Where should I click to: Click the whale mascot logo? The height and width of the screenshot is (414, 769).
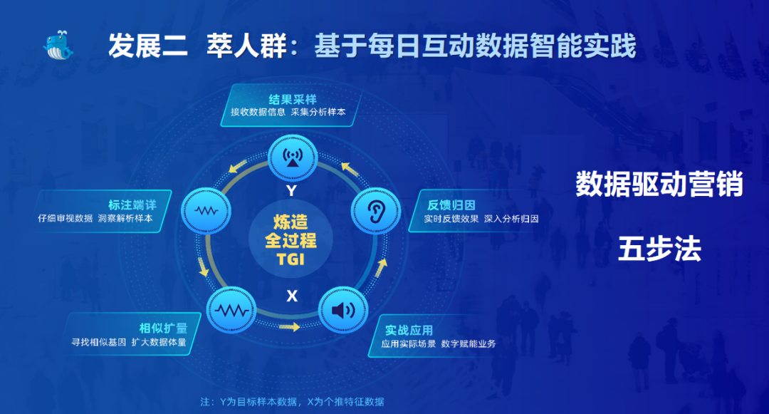tap(58, 45)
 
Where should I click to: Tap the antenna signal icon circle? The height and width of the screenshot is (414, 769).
tap(293, 158)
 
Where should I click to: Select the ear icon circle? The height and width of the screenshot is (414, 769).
tap(376, 211)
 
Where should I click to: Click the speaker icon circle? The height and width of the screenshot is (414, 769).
tap(343, 310)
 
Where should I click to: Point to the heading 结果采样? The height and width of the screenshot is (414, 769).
tap(293, 100)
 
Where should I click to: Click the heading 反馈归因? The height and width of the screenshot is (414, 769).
tap(451, 205)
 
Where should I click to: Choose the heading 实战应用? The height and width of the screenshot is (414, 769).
tap(409, 330)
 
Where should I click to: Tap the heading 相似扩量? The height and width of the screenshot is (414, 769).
tap(163, 328)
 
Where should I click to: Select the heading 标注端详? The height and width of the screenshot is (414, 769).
tap(132, 205)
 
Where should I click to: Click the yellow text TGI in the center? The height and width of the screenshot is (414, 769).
tap(291, 259)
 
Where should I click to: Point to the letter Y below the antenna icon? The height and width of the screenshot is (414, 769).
tap(292, 190)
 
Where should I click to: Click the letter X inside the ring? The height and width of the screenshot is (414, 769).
tap(292, 296)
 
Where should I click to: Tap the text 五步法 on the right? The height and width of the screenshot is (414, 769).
tap(659, 249)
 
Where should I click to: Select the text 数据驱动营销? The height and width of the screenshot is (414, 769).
tap(659, 185)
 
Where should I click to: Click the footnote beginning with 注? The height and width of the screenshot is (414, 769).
tap(293, 402)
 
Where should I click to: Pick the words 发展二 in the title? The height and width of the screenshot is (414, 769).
tap(147, 46)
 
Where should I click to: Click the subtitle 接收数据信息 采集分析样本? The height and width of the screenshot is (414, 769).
tap(288, 112)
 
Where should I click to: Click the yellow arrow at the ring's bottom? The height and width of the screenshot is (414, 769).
tap(289, 326)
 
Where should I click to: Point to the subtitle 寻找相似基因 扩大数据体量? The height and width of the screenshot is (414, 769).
tap(129, 342)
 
